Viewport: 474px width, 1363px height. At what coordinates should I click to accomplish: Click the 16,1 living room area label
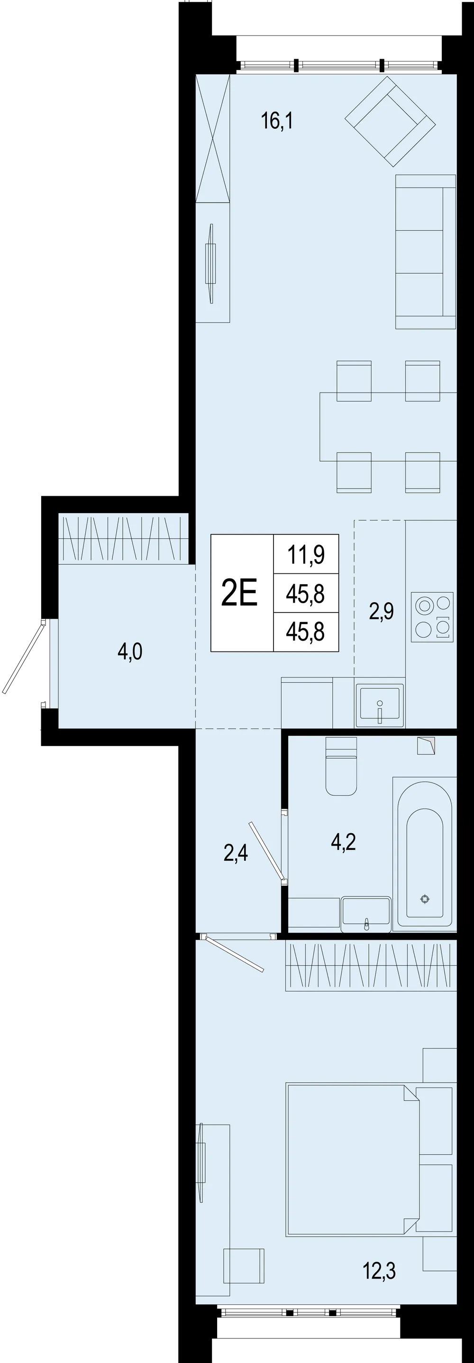pos(277,121)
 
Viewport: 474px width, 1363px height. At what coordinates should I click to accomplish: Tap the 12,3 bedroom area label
pos(379,1270)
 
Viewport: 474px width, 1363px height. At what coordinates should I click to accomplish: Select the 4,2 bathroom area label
pos(343,841)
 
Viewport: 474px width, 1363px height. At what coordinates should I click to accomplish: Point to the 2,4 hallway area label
pos(236,853)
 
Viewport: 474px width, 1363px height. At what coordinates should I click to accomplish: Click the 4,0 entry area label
pos(130,651)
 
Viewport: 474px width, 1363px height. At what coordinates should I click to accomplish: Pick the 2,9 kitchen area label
pos(381,611)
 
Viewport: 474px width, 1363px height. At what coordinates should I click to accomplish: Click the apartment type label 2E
pos(239,593)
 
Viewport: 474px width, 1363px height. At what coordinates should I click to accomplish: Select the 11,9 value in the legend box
pos(306,554)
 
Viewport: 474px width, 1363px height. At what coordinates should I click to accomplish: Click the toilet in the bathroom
pos(341,766)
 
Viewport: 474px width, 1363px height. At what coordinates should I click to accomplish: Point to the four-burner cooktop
pos(432,617)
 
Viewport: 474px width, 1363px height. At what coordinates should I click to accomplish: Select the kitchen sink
pos(380,705)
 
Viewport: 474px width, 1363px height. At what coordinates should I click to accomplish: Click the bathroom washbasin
pos(366,914)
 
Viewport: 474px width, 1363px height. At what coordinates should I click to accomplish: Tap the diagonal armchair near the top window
pos(390,121)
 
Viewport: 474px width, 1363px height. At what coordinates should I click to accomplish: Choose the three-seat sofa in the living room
pos(425,252)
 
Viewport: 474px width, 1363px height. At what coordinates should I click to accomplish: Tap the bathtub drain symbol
pos(425,899)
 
